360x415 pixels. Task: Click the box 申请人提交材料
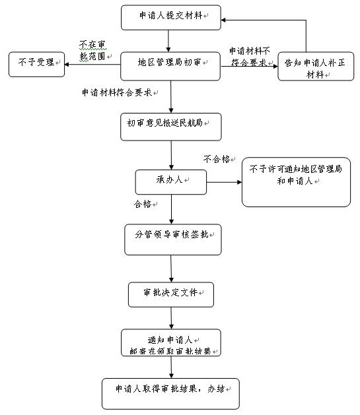171,17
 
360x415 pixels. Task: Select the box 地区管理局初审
170,66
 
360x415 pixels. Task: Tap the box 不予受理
36,64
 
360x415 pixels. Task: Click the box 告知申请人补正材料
316,66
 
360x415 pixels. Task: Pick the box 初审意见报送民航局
171,127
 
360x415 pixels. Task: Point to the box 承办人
171,182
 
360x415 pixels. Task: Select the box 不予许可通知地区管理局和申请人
296,182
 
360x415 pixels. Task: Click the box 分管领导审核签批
173,239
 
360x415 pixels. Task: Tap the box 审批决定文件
171,294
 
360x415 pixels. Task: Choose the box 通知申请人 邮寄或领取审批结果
171,342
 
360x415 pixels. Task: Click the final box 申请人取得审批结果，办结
170,394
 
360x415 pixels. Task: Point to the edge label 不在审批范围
92,51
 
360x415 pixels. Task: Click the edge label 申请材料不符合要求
250,57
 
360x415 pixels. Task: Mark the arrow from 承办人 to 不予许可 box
224,182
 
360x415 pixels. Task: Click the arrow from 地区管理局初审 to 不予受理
92,64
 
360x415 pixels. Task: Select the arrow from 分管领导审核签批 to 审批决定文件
171,269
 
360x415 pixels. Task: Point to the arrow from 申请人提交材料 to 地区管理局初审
168,41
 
